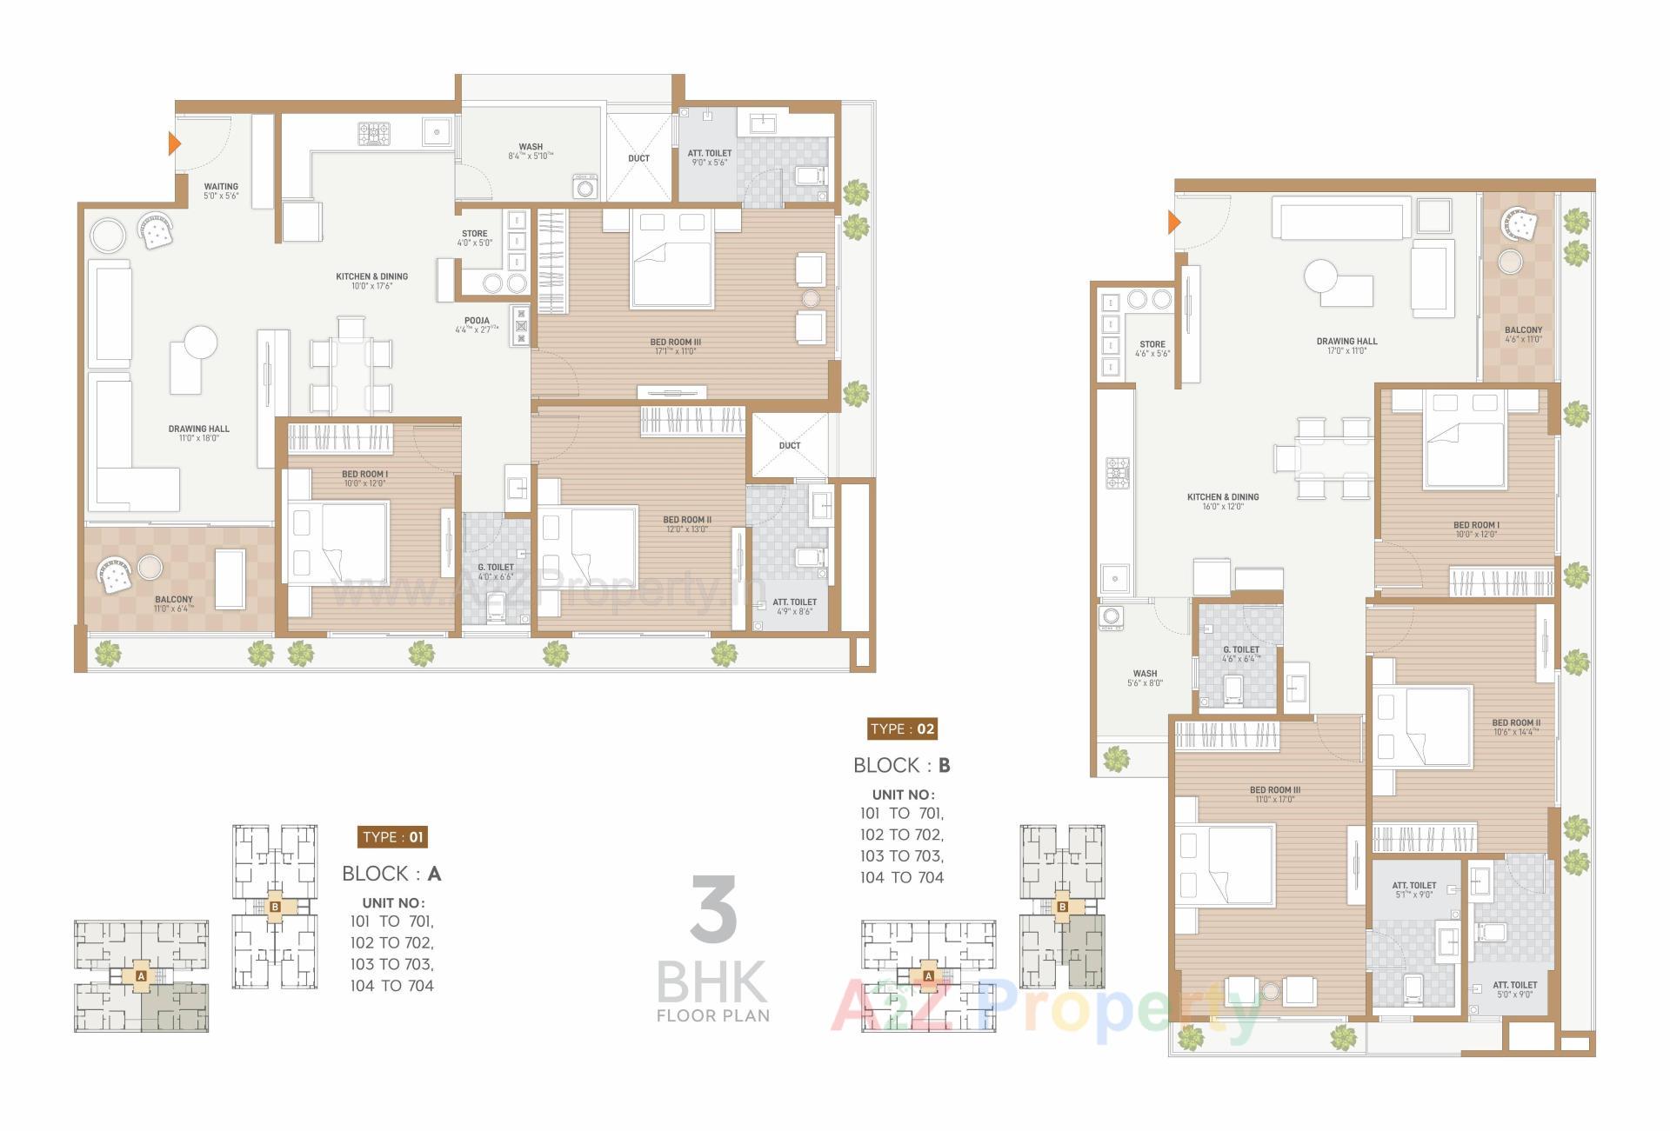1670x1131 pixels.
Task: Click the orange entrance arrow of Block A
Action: pos(174,143)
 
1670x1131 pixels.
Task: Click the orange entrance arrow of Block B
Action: pos(1173,223)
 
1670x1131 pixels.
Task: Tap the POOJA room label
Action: pos(477,321)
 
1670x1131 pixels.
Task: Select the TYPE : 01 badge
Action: pos(392,837)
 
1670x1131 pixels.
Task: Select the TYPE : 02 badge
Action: pos(902,728)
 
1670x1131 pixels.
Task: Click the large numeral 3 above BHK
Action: pos(713,909)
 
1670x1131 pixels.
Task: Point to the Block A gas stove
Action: pos(374,133)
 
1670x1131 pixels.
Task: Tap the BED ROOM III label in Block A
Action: pos(675,343)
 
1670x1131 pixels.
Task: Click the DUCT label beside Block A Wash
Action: pos(638,158)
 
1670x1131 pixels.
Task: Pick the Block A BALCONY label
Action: pos(174,600)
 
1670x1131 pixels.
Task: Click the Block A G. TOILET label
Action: pos(495,568)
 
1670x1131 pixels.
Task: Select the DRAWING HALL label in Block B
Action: pos(1346,342)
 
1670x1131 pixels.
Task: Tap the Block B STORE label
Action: pos(1152,344)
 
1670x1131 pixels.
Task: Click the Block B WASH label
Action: pos(1145,674)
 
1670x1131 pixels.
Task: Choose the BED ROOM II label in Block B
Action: pos(1516,722)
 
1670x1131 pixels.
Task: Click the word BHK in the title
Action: pos(711,982)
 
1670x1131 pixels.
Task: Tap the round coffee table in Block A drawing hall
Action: pos(201,342)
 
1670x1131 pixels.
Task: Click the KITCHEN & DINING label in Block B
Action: pos(1223,497)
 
